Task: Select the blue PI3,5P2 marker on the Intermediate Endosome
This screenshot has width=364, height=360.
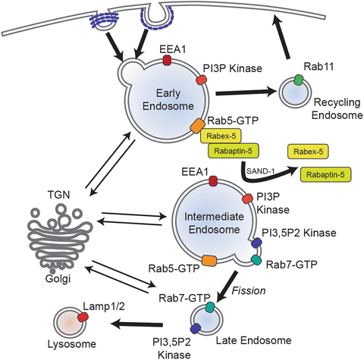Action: coord(256,243)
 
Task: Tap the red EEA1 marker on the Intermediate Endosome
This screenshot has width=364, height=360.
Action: coord(215,180)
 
